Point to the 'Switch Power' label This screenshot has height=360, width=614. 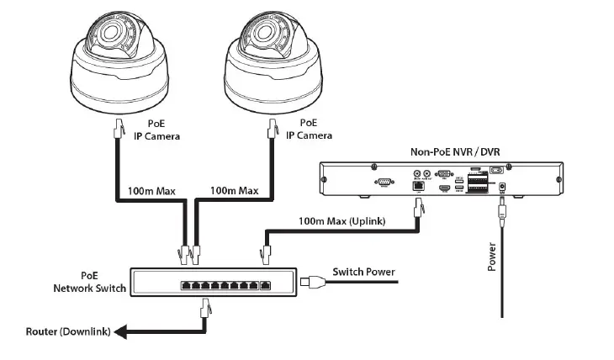point(363,272)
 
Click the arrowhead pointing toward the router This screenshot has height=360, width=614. point(121,332)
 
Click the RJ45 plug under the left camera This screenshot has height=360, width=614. point(118,129)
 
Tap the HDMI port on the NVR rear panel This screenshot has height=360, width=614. point(442,191)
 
